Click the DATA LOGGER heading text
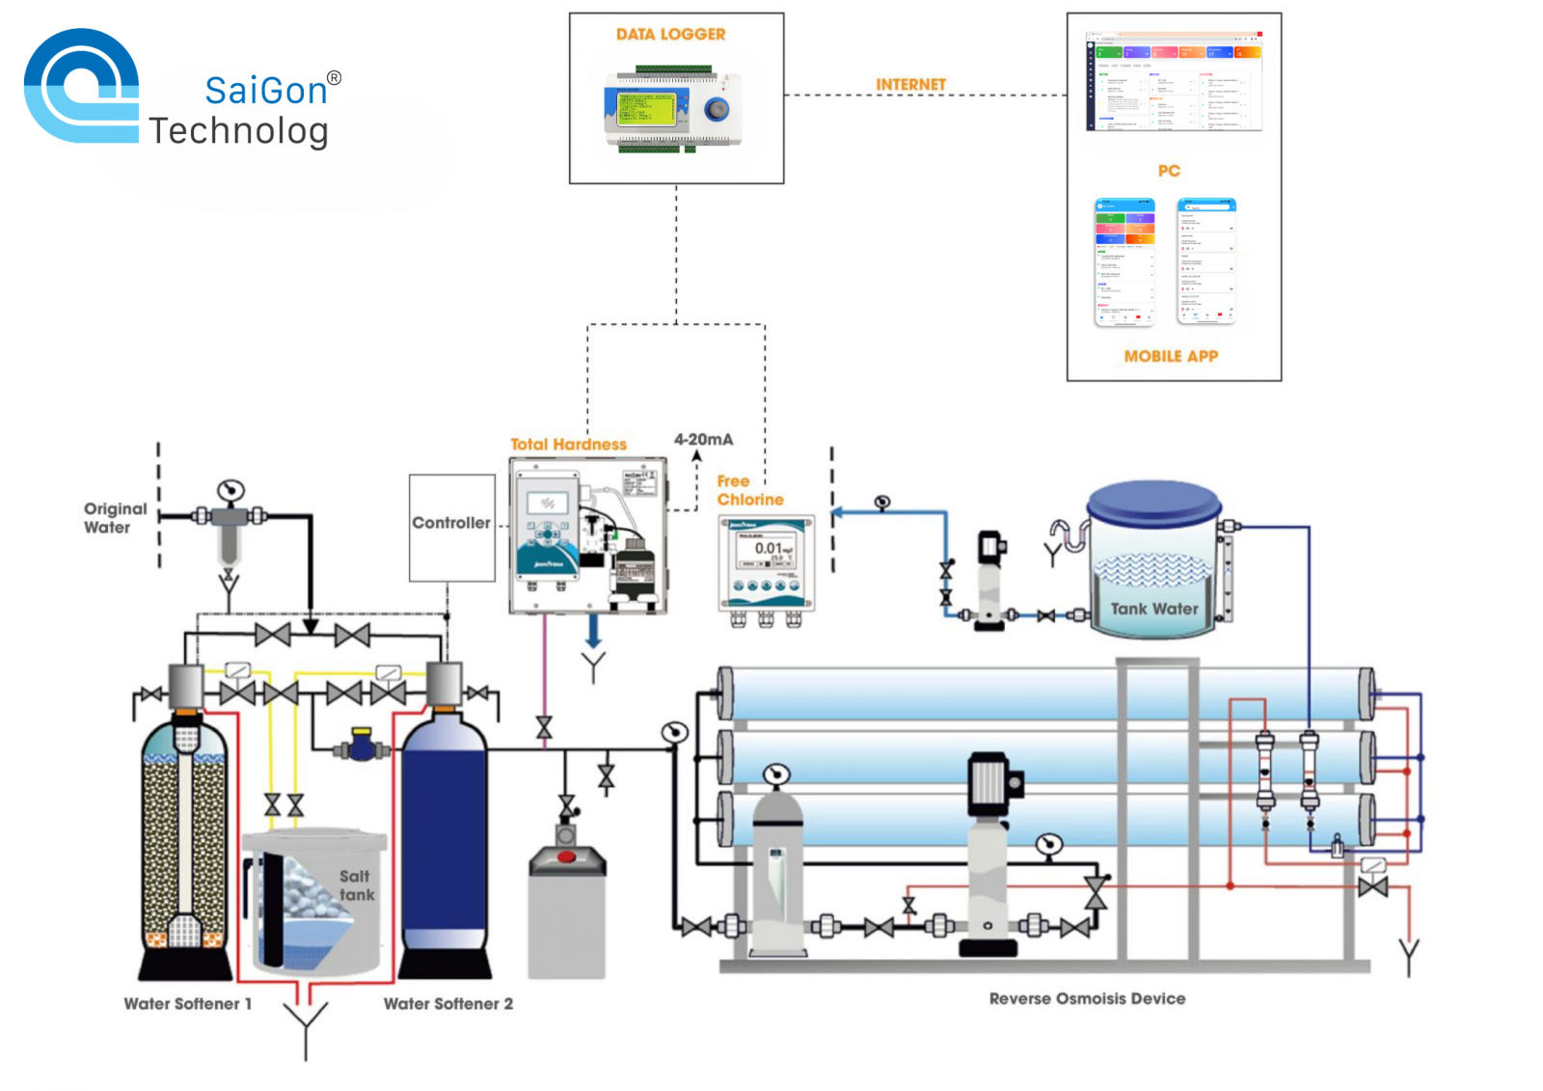point(670,35)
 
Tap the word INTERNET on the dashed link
point(910,85)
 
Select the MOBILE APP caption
point(1171,356)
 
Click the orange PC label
point(1169,171)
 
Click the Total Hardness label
point(568,445)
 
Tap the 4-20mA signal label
point(703,440)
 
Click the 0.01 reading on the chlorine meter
point(768,548)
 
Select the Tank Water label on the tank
point(1154,609)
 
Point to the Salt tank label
point(355,886)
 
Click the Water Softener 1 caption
point(187,1004)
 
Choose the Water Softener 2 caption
point(448,1004)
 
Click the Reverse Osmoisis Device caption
point(1087,999)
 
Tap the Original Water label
point(115,518)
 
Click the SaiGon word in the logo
point(266,91)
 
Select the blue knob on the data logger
point(717,109)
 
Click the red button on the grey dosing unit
point(566,857)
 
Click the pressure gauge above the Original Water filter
point(230,490)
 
